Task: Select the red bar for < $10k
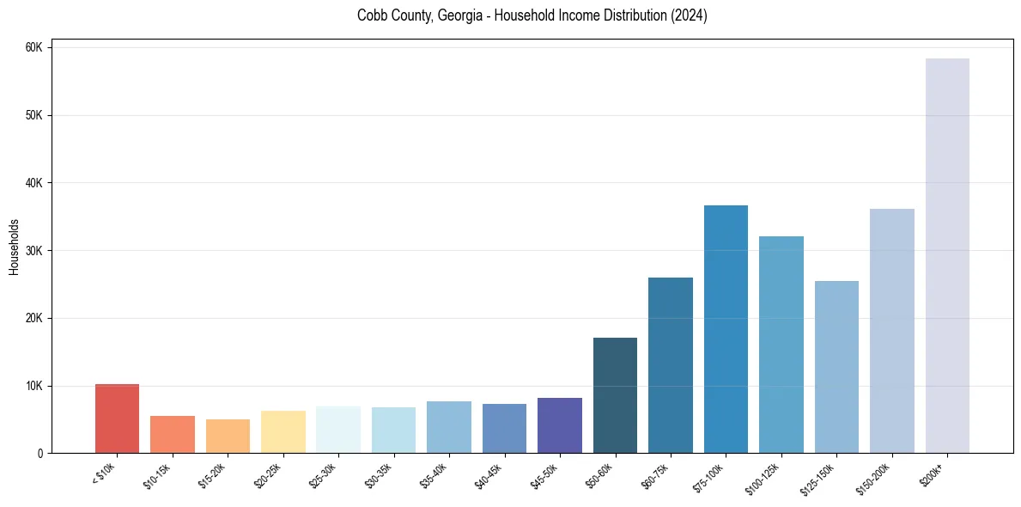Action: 117,418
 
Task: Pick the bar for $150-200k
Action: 892,331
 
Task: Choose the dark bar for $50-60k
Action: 615,395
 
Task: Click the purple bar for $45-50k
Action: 560,425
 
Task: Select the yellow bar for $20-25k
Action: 283,431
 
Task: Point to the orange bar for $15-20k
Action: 228,436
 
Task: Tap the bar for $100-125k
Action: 781,345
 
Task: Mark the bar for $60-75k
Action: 671,365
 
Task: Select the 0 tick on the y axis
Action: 40,454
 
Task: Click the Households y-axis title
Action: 14,247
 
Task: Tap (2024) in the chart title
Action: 690,15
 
